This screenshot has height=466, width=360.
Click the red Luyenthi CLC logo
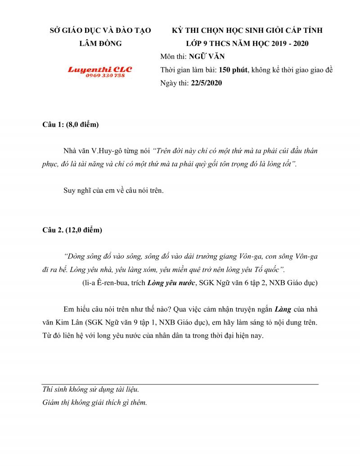coord(100,70)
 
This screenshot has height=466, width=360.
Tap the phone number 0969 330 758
coord(105,75)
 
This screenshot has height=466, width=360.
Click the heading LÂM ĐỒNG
coord(100,43)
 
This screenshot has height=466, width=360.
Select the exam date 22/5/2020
coord(206,83)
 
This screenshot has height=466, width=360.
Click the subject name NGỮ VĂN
coord(207,57)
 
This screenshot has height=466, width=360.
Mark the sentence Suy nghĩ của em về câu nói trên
coord(114,190)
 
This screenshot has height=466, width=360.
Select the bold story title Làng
coord(283,310)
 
